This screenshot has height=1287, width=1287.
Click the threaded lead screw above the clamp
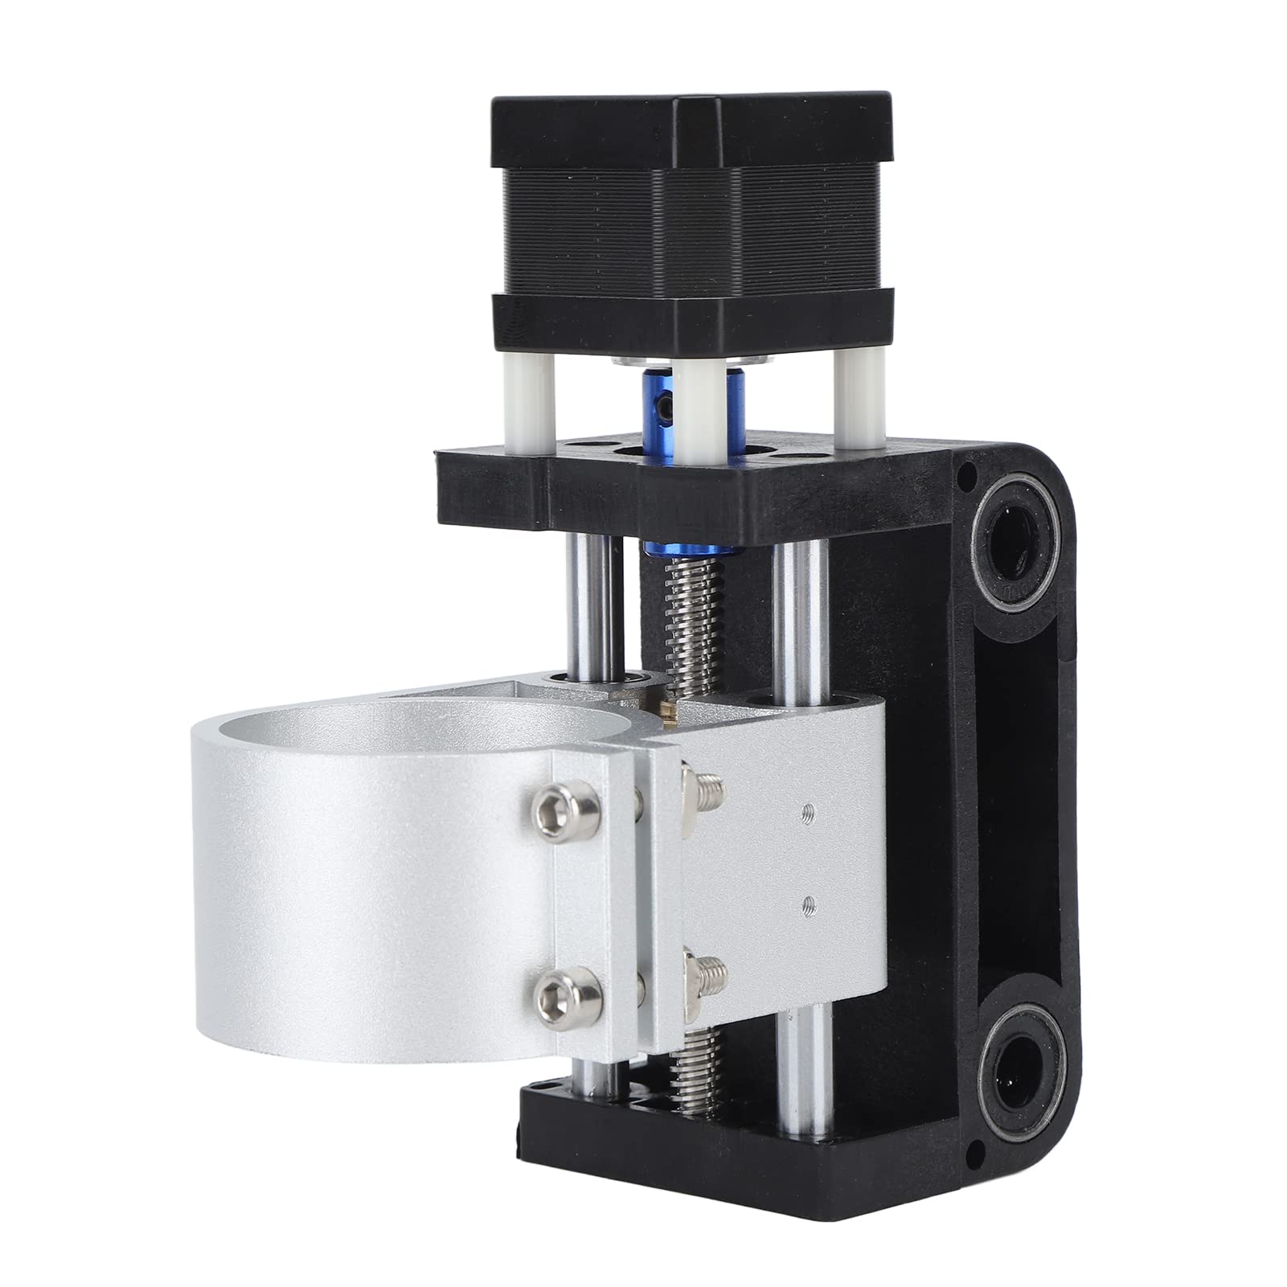pos(677,635)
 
